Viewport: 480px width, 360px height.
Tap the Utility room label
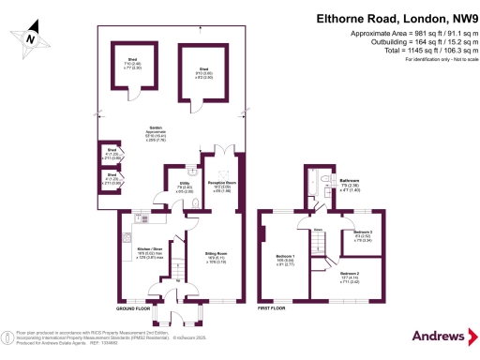(x=185, y=186)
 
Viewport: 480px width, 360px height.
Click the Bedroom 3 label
(x=364, y=233)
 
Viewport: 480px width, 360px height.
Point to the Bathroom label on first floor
(x=351, y=183)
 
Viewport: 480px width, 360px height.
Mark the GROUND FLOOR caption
(x=132, y=307)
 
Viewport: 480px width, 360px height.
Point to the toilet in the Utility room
(x=191, y=172)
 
